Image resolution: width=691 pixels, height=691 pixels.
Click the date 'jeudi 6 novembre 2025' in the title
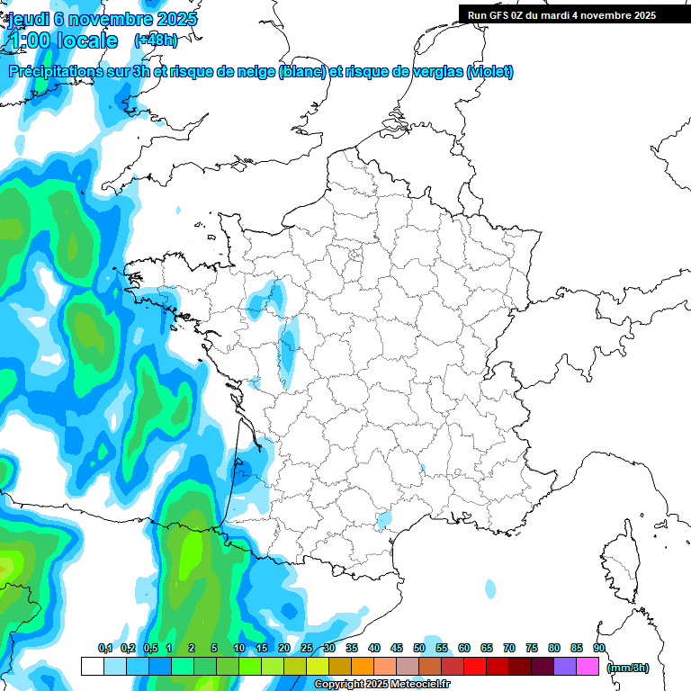(103, 19)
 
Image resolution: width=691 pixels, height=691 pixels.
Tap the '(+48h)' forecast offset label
(156, 40)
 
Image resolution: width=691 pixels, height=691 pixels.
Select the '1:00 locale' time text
(64, 40)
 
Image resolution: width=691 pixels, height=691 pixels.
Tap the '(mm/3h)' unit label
(628, 667)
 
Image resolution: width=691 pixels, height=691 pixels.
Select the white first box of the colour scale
(92, 666)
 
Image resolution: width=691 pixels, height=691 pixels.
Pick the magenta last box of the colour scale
(588, 666)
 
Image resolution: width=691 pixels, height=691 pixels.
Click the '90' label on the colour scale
(599, 648)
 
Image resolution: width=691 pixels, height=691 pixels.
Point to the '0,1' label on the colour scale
(104, 648)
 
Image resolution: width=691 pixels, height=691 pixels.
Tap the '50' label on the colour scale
(419, 648)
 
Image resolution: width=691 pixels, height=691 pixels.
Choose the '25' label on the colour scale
(307, 648)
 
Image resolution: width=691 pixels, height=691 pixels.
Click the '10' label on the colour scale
(238, 648)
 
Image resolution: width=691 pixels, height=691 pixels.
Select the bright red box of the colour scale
(475, 666)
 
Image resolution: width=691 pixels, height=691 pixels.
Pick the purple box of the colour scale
(565, 666)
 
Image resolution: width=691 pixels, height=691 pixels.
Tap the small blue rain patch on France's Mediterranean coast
(385, 519)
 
